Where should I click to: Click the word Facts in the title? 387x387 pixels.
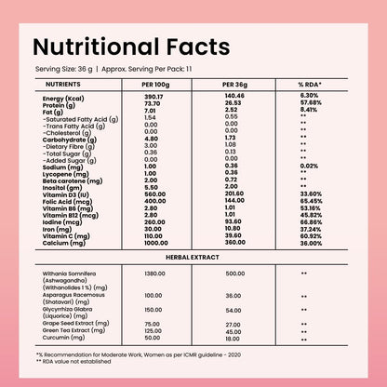[198, 47]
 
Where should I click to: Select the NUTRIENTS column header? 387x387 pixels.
[63, 85]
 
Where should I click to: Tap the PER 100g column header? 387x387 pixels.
[155, 85]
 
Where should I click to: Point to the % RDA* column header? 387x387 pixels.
[310, 85]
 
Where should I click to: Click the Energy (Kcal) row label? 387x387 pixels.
[63, 99]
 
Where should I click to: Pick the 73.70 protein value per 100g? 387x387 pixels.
[153, 103]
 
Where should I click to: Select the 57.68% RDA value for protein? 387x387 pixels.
[311, 102]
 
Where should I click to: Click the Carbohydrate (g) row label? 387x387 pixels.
[70, 140]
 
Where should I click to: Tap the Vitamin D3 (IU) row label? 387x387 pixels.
[66, 194]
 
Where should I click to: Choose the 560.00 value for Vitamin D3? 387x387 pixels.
[155, 194]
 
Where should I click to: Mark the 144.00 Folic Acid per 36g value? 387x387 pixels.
[234, 200]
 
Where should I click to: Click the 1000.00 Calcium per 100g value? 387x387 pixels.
[156, 243]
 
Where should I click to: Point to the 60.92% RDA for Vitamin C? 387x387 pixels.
[311, 236]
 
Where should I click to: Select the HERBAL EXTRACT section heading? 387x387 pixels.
[193, 257]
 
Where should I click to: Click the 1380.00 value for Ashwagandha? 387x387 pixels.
[154, 274]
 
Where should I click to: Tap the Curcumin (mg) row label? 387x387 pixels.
[63, 338]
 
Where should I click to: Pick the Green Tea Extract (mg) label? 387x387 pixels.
[73, 330]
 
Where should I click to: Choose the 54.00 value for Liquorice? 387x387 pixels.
[234, 311]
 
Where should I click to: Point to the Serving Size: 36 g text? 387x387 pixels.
[64, 69]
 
